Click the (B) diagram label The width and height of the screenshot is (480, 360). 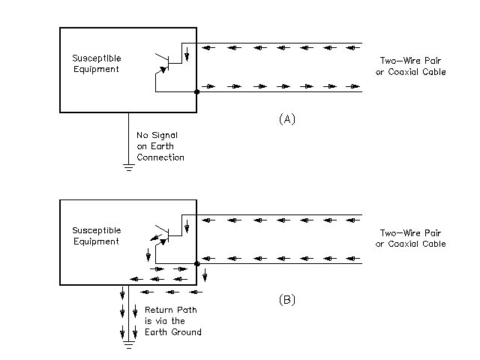tap(287, 299)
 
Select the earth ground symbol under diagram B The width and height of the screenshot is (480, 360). tap(128, 345)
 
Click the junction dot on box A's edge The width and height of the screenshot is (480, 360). tap(196, 91)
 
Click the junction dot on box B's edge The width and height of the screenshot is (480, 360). tap(196, 263)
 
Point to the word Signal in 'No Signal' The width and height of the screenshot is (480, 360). tap(165, 135)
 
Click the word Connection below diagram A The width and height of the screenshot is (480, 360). tap(160, 157)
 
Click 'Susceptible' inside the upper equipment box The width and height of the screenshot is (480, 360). tap(95, 58)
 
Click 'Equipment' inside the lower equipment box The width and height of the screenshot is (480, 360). tap(95, 241)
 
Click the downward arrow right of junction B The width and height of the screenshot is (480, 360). tap(205, 275)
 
